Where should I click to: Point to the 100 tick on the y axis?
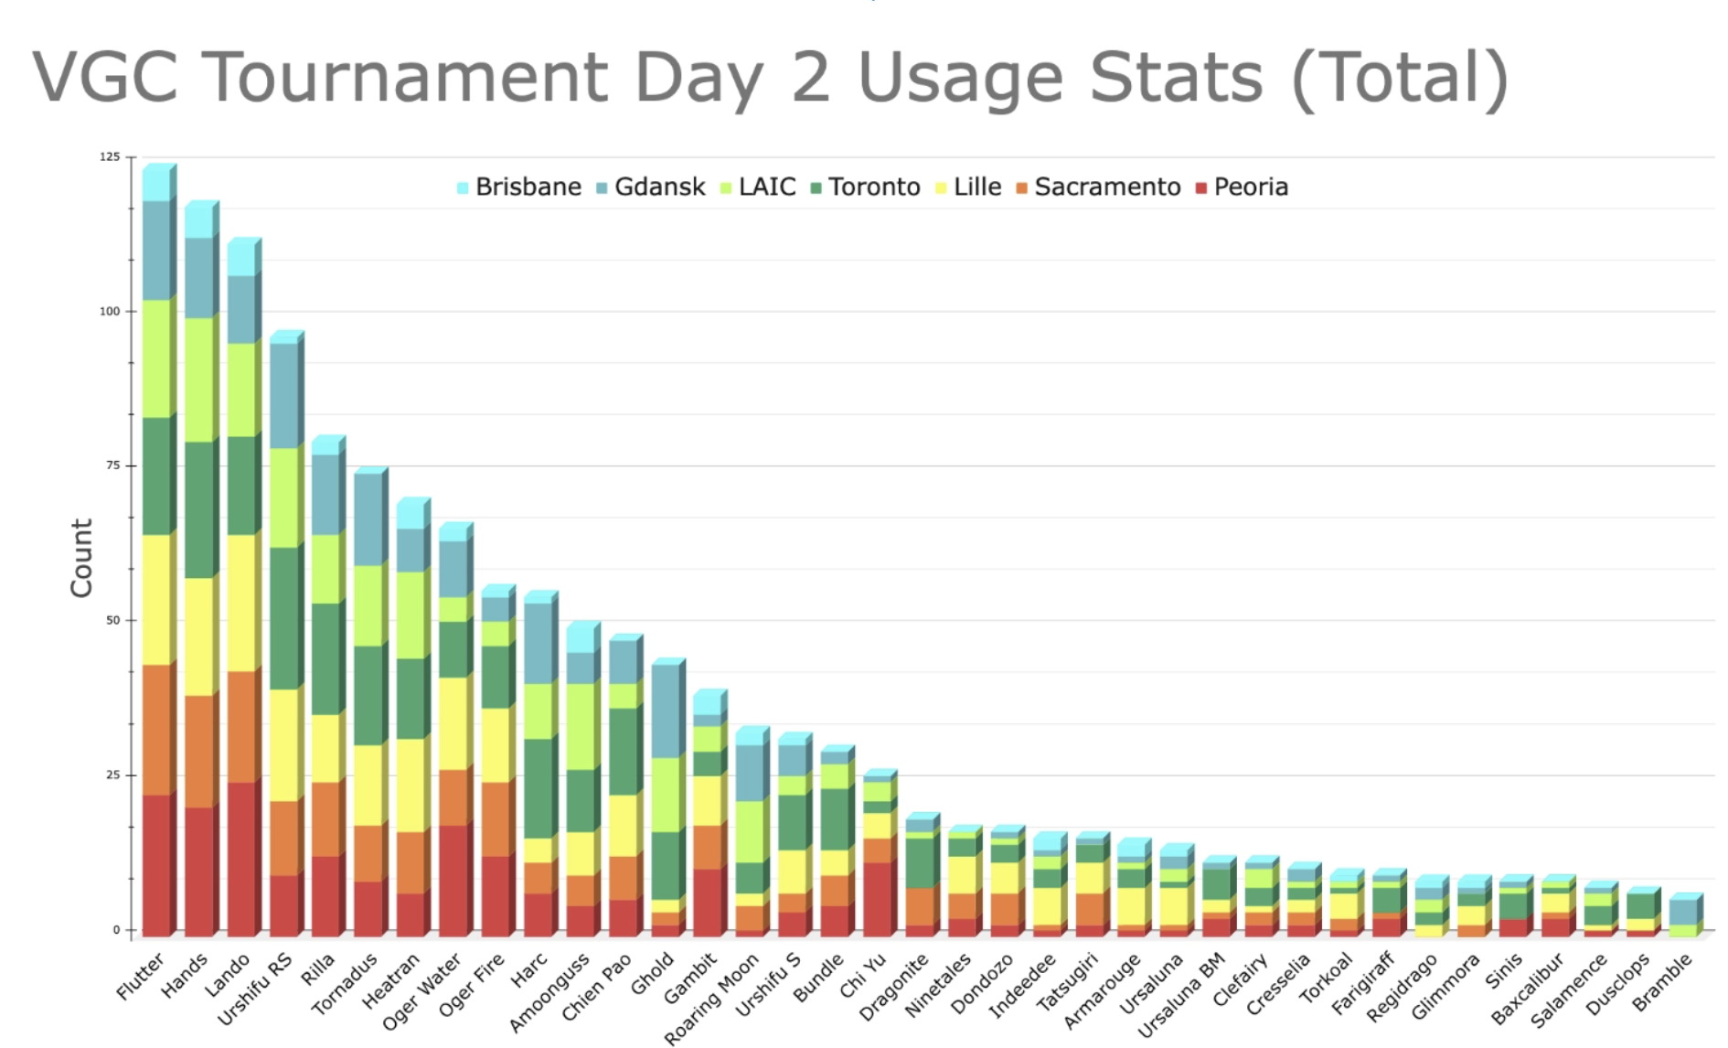(x=110, y=312)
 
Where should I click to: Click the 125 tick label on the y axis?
(x=110, y=157)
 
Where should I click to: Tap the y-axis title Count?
(x=81, y=558)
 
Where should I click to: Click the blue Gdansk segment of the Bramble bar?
(x=1682, y=912)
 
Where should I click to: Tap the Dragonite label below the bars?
(x=896, y=988)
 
